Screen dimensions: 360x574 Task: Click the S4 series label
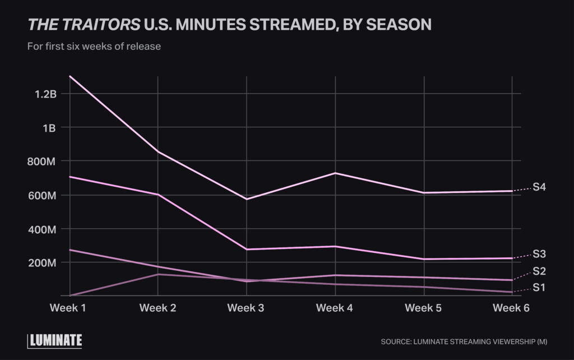(x=539, y=187)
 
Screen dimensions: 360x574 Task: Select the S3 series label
(x=539, y=254)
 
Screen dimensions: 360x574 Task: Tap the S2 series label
(x=539, y=271)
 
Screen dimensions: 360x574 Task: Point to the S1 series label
(x=539, y=288)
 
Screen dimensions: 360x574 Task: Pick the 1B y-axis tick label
(x=49, y=127)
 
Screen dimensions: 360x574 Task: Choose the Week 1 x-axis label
(x=69, y=308)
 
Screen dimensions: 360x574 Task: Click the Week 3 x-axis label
(x=246, y=308)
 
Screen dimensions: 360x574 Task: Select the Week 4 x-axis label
(x=335, y=308)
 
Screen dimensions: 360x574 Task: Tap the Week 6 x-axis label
(x=511, y=308)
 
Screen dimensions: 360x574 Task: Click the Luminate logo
(x=55, y=340)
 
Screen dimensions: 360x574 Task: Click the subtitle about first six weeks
(x=94, y=47)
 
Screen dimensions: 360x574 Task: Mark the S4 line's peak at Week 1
(x=70, y=76)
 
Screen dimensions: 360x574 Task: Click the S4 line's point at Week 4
(x=335, y=173)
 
